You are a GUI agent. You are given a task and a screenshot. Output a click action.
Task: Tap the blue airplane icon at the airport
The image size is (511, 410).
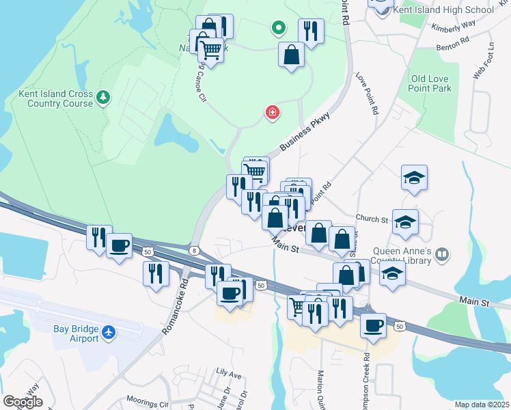(108, 333)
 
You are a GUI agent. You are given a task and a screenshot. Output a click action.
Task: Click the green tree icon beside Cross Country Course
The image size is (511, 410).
(103, 98)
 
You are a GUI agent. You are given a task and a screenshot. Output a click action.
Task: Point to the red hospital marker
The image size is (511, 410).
(272, 112)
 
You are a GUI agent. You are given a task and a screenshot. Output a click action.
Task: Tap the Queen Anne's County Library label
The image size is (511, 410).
(402, 256)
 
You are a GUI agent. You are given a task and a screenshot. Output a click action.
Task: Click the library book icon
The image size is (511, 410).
(443, 255)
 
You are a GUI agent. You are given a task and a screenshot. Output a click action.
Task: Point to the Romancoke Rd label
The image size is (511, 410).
(174, 301)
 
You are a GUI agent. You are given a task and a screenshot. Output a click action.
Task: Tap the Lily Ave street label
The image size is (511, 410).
(229, 374)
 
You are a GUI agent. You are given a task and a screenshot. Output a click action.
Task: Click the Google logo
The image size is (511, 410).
(23, 401)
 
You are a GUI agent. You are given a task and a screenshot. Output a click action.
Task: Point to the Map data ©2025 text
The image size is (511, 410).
(482, 405)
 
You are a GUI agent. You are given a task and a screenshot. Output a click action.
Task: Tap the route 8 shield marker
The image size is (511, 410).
(195, 250)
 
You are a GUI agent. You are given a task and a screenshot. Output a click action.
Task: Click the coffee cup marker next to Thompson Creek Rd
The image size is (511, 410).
(373, 326)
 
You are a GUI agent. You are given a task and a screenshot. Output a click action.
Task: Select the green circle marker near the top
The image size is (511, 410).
(278, 28)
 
